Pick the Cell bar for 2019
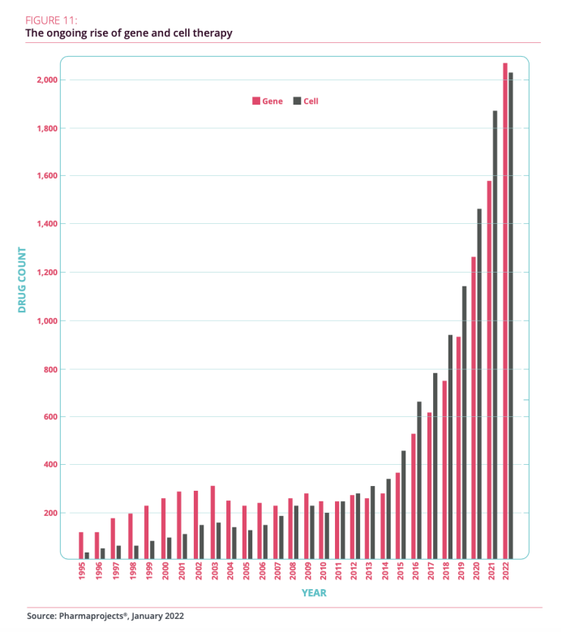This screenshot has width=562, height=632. [464, 422]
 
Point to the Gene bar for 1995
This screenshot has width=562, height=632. [81, 545]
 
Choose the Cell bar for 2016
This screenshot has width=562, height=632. [419, 479]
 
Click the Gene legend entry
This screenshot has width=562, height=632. [268, 101]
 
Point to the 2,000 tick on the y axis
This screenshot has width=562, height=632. [45, 80]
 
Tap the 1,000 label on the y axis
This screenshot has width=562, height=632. [45, 320]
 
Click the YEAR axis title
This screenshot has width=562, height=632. [314, 593]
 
